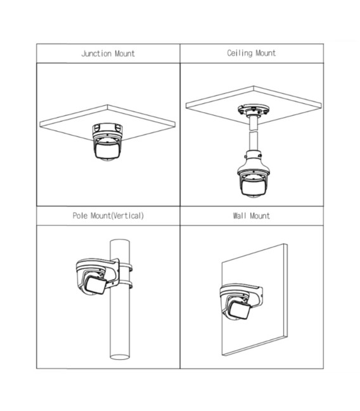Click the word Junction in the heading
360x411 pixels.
[96, 54]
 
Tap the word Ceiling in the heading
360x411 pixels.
[240, 53]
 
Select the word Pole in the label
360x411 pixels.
[80, 216]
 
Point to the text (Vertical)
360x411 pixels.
[128, 216]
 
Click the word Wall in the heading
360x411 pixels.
[240, 216]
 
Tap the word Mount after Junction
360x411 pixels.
[125, 54]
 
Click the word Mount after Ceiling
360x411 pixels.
[266, 53]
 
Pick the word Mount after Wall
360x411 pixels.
[260, 216]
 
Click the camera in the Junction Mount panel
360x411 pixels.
[107, 142]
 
